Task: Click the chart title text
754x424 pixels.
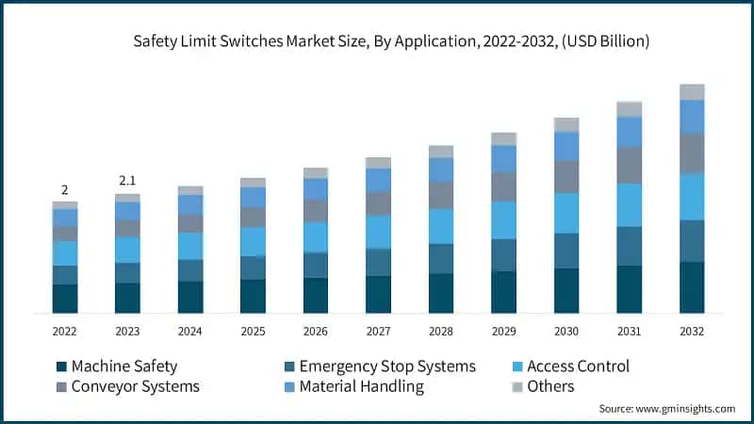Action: pos(377,41)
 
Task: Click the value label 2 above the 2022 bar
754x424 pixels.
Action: pos(64,189)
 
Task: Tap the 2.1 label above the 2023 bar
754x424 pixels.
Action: pos(127,181)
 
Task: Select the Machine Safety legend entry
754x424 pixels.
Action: pos(123,367)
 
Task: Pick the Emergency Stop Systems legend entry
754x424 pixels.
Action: pos(386,367)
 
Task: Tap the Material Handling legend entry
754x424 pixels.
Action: pos(361,386)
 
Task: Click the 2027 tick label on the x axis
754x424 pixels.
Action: pos(378,332)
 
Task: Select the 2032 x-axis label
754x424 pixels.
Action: pos(692,332)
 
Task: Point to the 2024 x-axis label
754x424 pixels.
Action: pos(189,332)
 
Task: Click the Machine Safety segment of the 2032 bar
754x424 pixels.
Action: pos(692,287)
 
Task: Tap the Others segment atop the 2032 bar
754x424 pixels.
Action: pos(692,91)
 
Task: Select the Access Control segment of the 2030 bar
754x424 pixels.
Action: pos(566,213)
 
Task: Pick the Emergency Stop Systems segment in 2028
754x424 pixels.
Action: pos(441,259)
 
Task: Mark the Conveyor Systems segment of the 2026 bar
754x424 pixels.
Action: pos(316,210)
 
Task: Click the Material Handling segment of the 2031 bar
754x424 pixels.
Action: pos(629,132)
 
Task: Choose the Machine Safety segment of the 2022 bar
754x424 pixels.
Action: pos(64,299)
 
